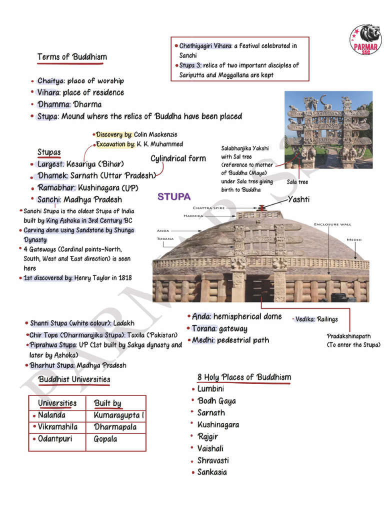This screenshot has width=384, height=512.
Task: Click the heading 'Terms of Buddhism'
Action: pos(72,57)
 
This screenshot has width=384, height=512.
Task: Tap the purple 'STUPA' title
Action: pos(174,197)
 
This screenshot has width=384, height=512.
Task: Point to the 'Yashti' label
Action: pos(299,200)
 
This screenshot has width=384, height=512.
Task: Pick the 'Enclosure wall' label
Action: pos(332,224)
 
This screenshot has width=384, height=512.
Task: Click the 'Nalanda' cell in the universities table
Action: pos(51,415)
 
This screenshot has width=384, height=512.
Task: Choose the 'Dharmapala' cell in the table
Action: pos(115,427)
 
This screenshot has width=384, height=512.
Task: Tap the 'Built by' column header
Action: pos(107,403)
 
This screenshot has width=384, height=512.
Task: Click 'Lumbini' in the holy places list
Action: pos(210,389)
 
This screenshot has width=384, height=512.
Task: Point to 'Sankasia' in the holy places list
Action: pos(212,472)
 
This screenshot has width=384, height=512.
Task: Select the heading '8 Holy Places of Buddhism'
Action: pos(244,377)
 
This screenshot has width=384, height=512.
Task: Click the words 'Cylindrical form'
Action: pos(178,158)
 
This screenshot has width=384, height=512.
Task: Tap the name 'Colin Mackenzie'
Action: pos(155,135)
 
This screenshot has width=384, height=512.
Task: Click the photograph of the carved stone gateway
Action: pos(328,129)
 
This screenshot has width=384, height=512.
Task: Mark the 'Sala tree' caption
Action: pos(297,182)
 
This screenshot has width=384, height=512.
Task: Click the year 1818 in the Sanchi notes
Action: pos(125,278)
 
